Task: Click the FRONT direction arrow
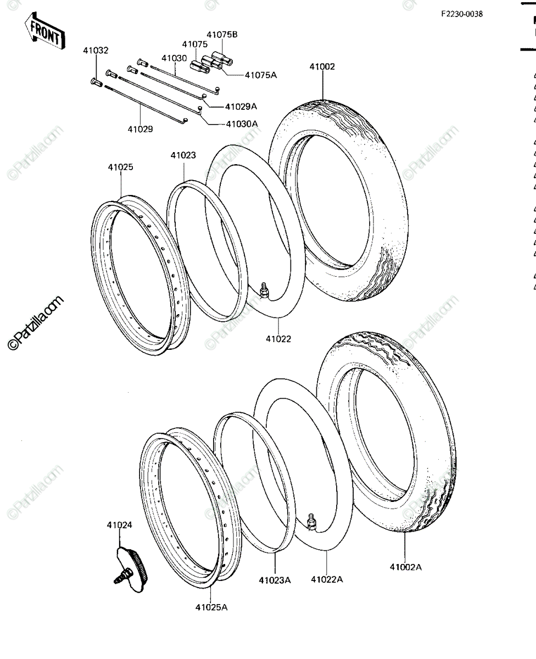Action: click(x=44, y=31)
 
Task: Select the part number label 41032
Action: click(x=96, y=51)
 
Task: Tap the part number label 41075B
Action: click(x=222, y=35)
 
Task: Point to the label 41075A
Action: click(x=261, y=75)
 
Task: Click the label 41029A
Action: click(x=241, y=107)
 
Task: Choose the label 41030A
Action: click(x=242, y=124)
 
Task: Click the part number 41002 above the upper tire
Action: click(x=322, y=67)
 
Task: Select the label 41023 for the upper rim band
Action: click(x=183, y=155)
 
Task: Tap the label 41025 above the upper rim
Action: click(x=121, y=167)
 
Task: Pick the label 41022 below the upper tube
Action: click(x=278, y=339)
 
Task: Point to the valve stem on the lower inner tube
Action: click(x=311, y=523)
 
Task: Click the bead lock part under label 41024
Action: click(x=131, y=569)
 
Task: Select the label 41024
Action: click(x=119, y=525)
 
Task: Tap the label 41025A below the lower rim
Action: click(x=211, y=607)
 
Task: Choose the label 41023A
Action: click(x=275, y=580)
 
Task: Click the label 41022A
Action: click(x=327, y=579)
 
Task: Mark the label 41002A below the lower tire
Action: click(x=406, y=567)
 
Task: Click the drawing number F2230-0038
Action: click(x=462, y=14)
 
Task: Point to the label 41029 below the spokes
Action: click(x=141, y=129)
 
